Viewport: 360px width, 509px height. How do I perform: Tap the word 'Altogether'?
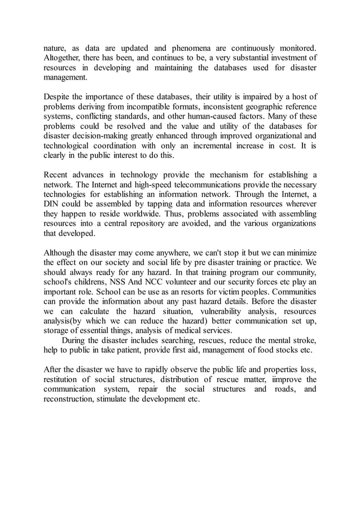(x=64, y=58)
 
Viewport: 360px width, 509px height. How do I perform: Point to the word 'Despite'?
(x=58, y=98)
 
